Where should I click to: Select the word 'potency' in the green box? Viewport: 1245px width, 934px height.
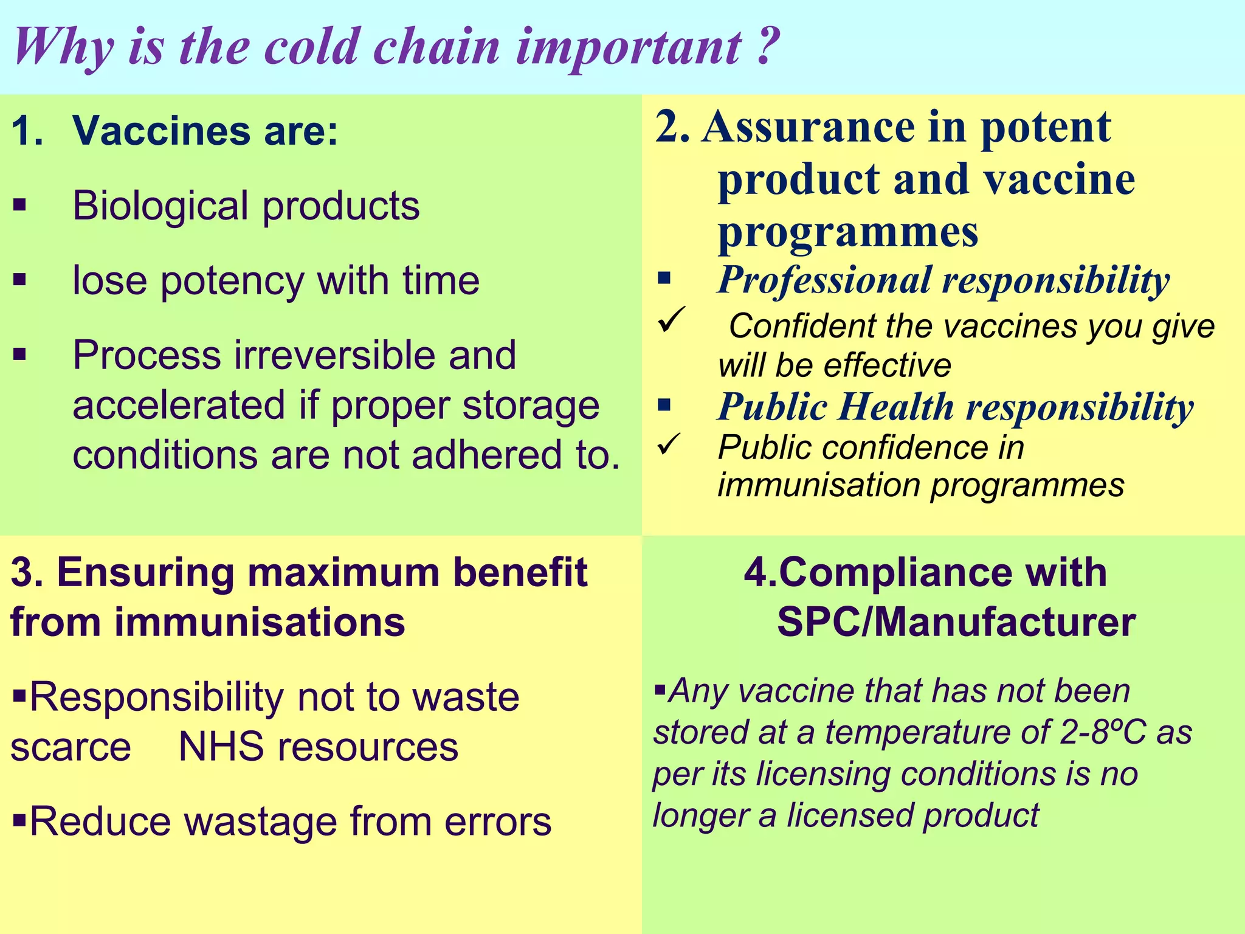click(232, 281)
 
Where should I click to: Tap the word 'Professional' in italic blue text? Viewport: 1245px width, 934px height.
click(824, 281)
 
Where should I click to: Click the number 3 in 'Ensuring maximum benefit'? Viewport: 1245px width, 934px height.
click(22, 573)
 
